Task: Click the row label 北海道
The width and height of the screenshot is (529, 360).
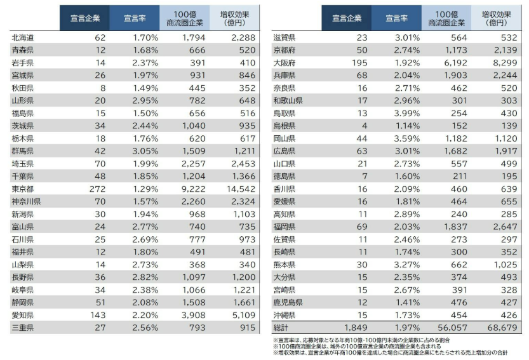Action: pyautogui.click(x=25, y=38)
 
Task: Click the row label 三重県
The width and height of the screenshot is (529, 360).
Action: pyautogui.click(x=25, y=328)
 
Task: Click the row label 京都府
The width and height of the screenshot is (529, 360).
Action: pyautogui.click(x=285, y=51)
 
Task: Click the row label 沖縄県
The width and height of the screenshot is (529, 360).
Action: pyautogui.click(x=285, y=315)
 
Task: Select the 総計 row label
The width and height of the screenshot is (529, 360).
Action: pyautogui.click(x=281, y=328)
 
